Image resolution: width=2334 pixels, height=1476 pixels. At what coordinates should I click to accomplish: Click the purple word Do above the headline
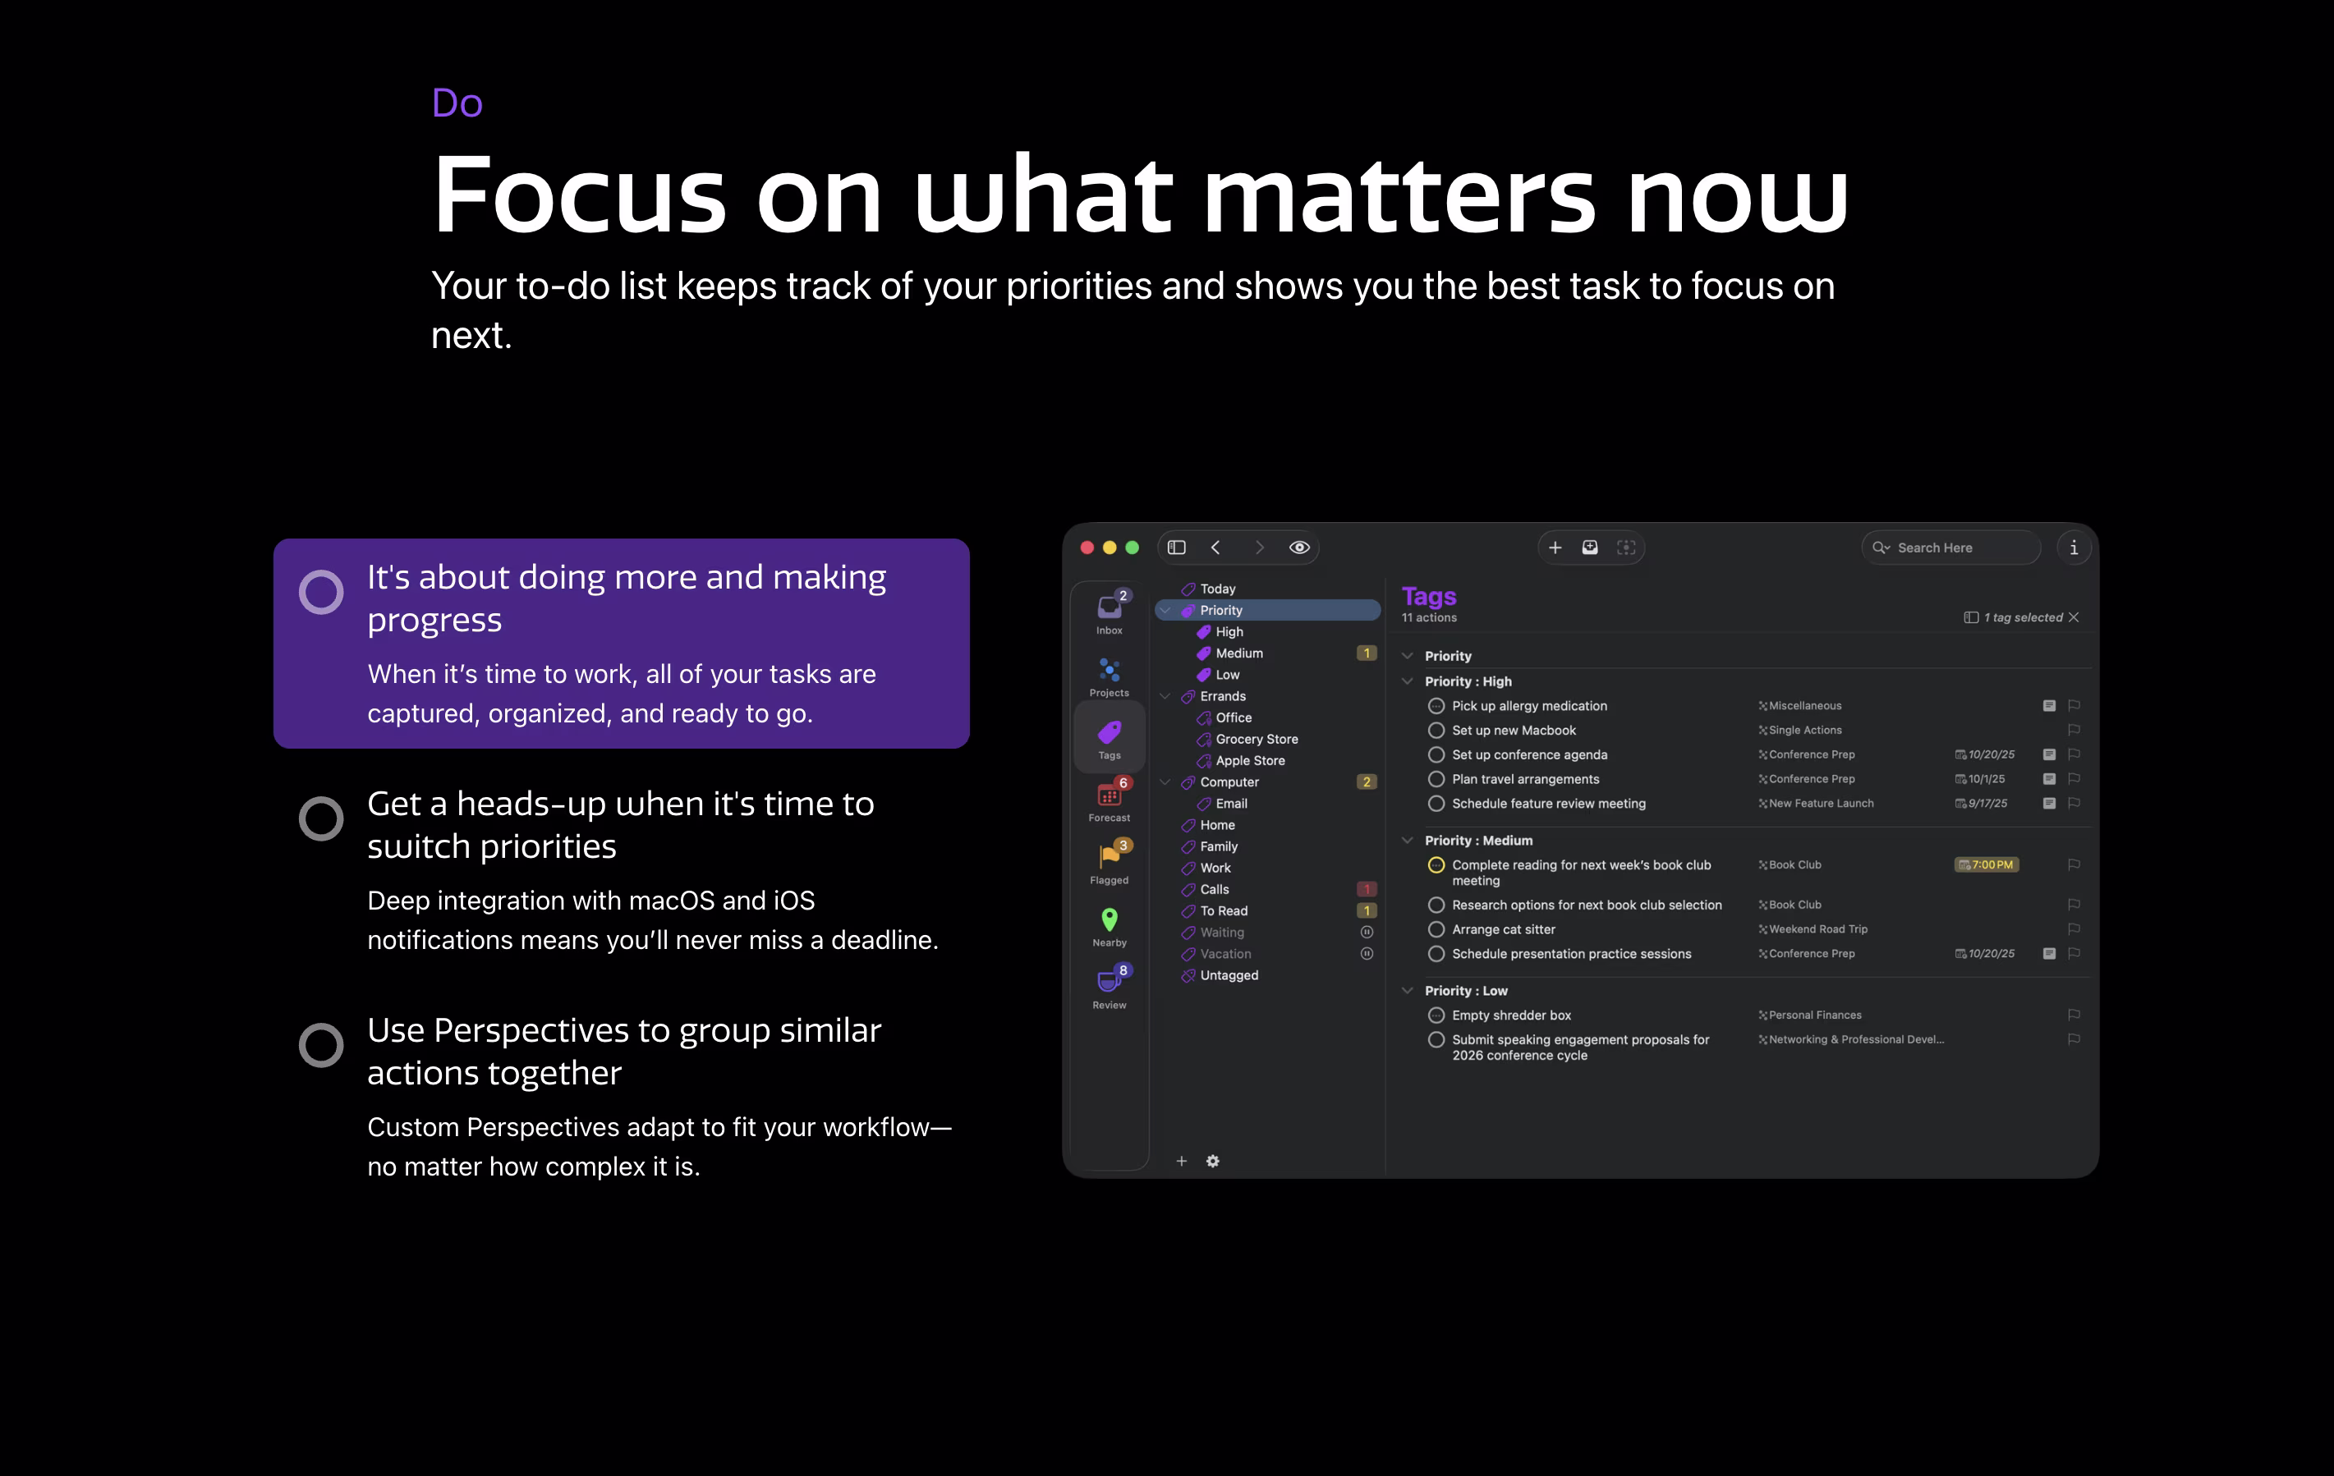pos(457,103)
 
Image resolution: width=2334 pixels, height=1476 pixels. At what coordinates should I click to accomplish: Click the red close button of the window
pos(1087,548)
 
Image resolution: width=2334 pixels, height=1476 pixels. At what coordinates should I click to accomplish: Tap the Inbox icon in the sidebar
pos(1109,607)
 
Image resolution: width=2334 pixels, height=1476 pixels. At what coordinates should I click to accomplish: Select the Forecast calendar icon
pos(1109,795)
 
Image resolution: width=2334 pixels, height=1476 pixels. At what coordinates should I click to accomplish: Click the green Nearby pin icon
pos(1109,919)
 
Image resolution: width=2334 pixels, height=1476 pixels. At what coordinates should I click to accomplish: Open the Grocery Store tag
pos(1257,740)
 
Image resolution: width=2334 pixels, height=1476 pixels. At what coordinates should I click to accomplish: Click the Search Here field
pos(1950,548)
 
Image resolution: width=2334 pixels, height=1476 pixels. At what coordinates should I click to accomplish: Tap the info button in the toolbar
pos(2074,548)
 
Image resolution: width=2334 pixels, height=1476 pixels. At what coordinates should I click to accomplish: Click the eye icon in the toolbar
pos(1299,548)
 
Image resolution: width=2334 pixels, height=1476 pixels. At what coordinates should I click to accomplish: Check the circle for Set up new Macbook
pos(1436,731)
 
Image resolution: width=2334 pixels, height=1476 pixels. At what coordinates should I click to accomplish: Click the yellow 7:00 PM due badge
pos(1986,864)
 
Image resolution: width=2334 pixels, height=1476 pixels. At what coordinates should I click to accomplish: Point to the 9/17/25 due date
pos(1987,804)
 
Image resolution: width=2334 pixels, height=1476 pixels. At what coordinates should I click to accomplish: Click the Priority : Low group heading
pos(1466,991)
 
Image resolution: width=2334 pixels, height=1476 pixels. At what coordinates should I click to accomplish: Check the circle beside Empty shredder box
pos(1436,1015)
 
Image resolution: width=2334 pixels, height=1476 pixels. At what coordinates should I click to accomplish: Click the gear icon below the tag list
pos(1212,1161)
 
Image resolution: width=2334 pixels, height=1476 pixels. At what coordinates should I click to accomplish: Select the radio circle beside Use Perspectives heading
pos(321,1045)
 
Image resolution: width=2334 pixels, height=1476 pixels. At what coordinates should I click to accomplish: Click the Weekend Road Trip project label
pos(1817,929)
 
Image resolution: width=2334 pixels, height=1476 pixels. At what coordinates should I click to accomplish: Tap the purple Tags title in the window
pos(1429,596)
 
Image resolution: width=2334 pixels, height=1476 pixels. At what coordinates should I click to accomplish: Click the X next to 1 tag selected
pos(2074,617)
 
